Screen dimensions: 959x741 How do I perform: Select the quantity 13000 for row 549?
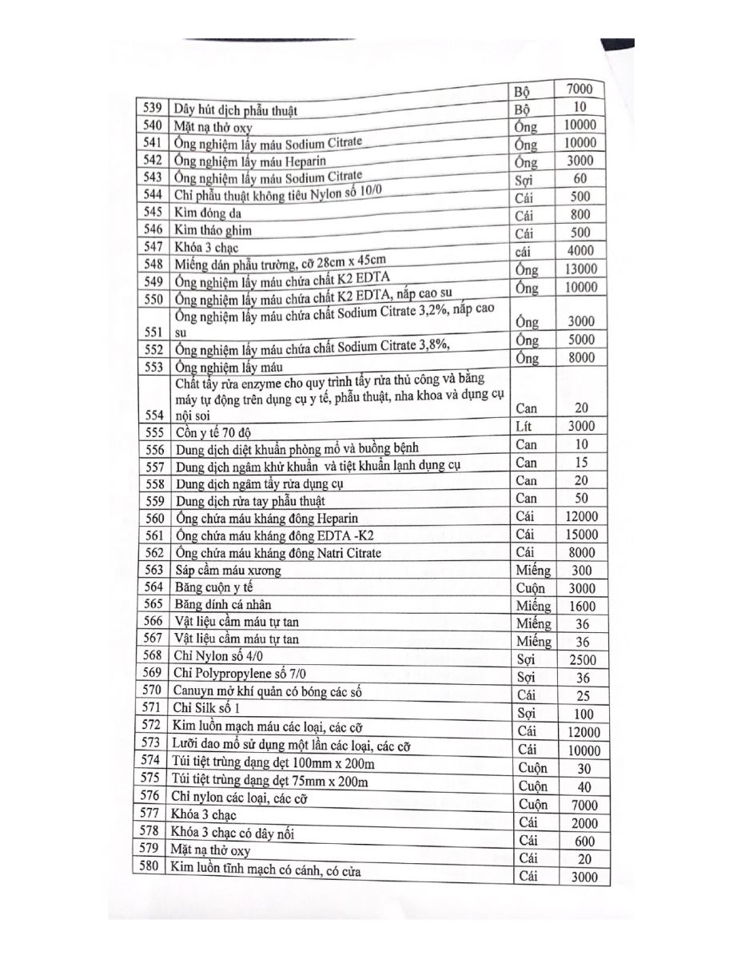pos(580,269)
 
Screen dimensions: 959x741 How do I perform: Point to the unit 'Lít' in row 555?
pos(524,426)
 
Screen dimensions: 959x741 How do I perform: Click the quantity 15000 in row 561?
pos(580,535)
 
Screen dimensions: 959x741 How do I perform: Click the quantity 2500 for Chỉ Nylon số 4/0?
pos(582,661)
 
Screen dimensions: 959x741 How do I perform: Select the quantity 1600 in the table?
pos(582,607)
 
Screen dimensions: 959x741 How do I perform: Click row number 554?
pos(152,415)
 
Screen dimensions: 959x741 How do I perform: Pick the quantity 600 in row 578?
pos(584,842)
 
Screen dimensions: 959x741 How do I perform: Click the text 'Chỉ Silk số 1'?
pos(206,708)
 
